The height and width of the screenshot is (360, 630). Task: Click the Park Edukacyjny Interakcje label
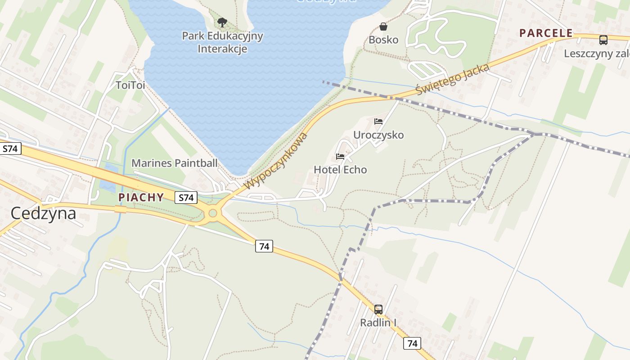tap(222, 42)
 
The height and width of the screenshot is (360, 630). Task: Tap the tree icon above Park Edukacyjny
tap(222, 22)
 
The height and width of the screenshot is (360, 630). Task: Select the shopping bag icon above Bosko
tap(383, 27)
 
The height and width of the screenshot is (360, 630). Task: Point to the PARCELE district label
tap(546, 33)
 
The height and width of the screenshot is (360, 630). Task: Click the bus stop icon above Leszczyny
tap(603, 40)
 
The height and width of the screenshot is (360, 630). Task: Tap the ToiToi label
tap(130, 85)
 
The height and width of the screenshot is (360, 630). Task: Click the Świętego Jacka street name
tap(452, 80)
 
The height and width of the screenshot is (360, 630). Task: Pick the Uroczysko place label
tap(378, 135)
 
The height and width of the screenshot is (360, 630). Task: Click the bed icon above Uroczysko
tap(378, 121)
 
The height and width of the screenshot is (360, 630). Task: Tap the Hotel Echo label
tap(340, 170)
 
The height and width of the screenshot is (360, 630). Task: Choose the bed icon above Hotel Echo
tap(340, 157)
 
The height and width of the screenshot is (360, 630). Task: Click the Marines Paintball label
tap(174, 163)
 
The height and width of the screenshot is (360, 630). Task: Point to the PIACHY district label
tap(141, 197)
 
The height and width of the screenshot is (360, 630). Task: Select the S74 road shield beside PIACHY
tap(186, 197)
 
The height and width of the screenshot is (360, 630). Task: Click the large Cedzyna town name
tap(43, 213)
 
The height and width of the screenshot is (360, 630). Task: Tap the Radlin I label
tap(378, 323)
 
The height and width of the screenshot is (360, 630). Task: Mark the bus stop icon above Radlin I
tap(378, 310)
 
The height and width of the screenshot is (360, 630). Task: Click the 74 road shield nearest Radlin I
tap(412, 343)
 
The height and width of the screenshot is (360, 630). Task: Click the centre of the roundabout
tap(213, 213)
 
